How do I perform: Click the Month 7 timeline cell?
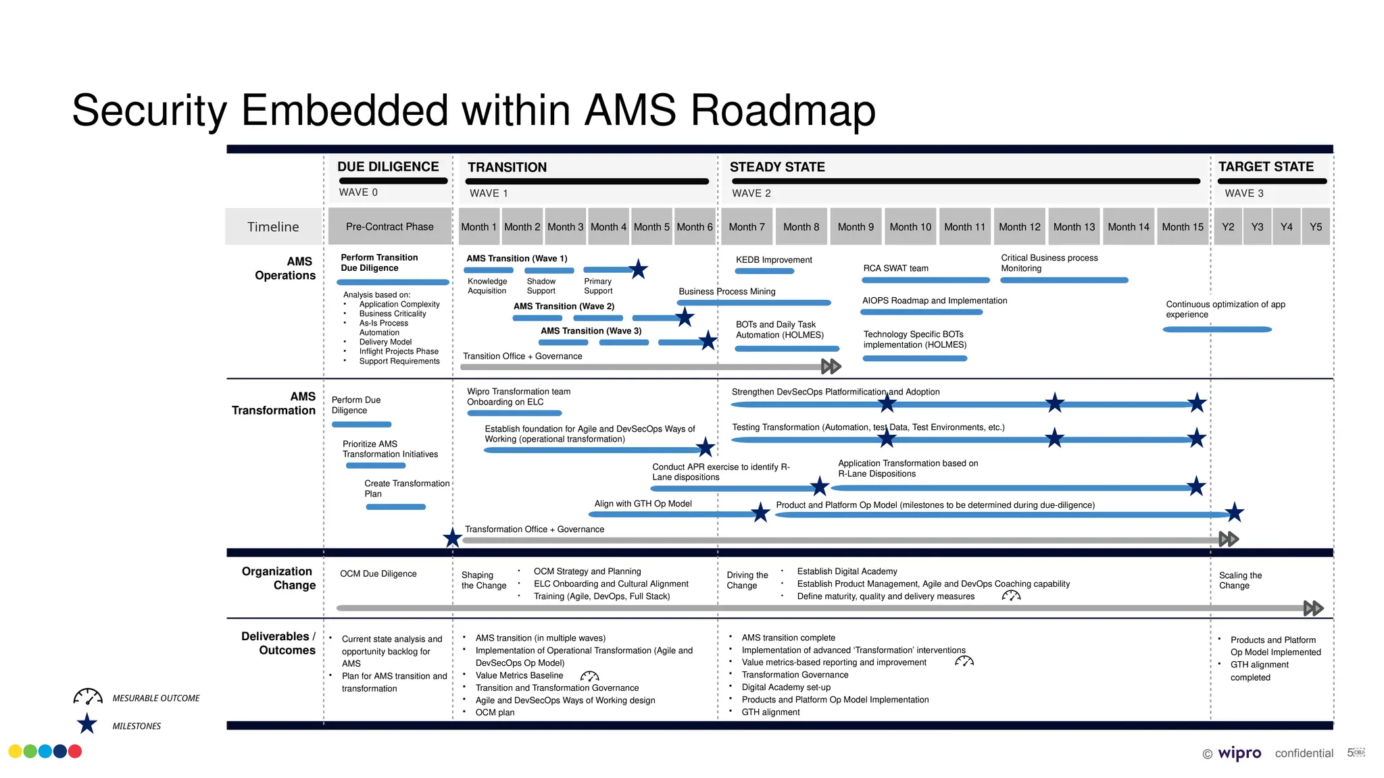[x=747, y=227]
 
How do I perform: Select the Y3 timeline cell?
[x=1257, y=227]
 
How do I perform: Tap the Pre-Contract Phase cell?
[x=390, y=227]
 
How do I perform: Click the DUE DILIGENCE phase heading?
[x=388, y=167]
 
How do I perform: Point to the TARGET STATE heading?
[x=1266, y=167]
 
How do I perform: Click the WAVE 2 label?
[x=751, y=193]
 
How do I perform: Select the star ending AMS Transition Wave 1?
[x=638, y=269]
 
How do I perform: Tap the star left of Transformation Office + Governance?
[x=453, y=538]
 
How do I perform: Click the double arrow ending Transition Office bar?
[x=831, y=367]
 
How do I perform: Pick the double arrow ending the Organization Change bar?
[x=1313, y=608]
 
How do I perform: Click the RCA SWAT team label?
[x=895, y=268]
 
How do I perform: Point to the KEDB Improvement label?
[x=774, y=260]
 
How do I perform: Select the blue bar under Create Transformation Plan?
[x=396, y=507]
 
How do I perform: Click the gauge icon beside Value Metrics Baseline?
[x=589, y=676]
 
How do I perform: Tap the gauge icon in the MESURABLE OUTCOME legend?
[x=88, y=697]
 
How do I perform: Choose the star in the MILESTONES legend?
[x=87, y=724]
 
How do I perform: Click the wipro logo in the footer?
[x=1239, y=753]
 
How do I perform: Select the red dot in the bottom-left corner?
[x=75, y=751]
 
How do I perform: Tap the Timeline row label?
[x=273, y=227]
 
